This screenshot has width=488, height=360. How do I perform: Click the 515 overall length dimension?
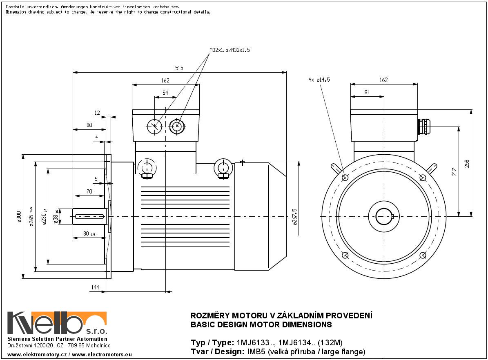pyautogui.click(x=179, y=68)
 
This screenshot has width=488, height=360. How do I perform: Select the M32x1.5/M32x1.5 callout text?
pyautogui.click(x=230, y=50)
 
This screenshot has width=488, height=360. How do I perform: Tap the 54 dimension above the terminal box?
pyautogui.click(x=165, y=93)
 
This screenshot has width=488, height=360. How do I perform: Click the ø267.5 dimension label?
pyautogui.click(x=295, y=216)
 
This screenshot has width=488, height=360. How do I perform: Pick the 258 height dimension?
pyautogui.click(x=467, y=163)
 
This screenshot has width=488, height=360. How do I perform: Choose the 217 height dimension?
pyautogui.click(x=454, y=171)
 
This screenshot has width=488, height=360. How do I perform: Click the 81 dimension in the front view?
pyautogui.click(x=367, y=93)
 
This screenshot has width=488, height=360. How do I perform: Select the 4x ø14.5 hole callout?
pyautogui.click(x=319, y=80)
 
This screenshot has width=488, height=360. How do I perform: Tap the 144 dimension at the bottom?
pyautogui.click(x=95, y=288)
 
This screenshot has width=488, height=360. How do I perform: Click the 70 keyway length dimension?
pyautogui.click(x=89, y=191)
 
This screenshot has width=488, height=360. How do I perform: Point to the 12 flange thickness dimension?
pyautogui.click(x=97, y=112)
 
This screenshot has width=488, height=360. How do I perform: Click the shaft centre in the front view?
pyautogui.click(x=384, y=216)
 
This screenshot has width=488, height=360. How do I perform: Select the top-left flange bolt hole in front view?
pyautogui.click(x=345, y=178)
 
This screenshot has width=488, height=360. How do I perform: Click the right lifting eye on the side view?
pyautogui.click(x=223, y=167)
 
